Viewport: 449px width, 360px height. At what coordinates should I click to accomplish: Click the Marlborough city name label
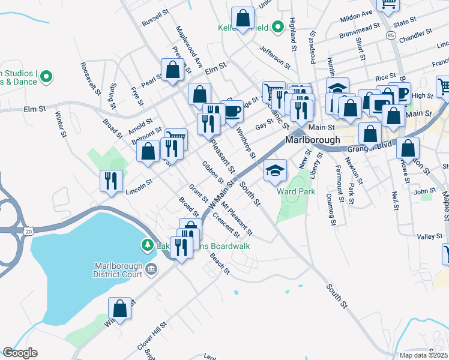(312, 139)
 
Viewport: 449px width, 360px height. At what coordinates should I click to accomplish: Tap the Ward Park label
(296, 191)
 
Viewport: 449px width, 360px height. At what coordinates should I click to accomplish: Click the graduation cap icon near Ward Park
(275, 171)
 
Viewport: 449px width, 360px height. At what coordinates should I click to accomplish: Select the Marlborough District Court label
(119, 270)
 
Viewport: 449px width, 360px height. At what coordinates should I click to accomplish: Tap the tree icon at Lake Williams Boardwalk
(146, 245)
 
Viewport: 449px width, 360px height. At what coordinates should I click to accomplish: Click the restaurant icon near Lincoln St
(111, 181)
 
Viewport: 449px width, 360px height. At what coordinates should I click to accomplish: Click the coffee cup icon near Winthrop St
(232, 111)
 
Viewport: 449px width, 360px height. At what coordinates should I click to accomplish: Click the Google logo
(20, 353)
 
